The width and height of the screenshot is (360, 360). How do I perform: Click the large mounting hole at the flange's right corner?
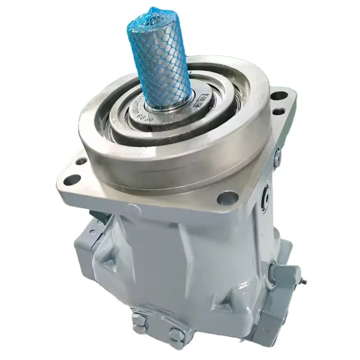pos(280,95)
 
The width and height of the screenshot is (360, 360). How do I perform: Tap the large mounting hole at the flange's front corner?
pos(226,197)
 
